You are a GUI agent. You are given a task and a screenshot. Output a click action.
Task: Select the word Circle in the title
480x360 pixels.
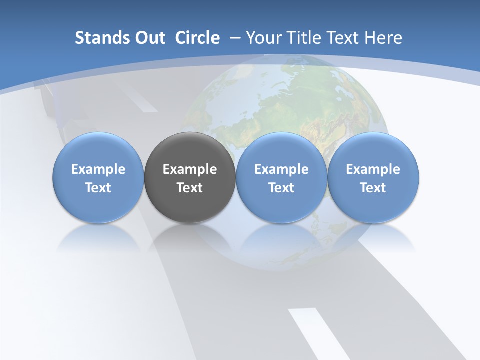tap(197, 38)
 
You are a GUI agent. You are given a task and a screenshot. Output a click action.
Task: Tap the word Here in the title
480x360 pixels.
tap(383, 38)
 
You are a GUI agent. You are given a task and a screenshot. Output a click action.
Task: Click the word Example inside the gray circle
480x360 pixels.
tap(190, 169)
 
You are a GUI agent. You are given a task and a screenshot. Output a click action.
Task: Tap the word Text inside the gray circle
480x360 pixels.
tap(190, 188)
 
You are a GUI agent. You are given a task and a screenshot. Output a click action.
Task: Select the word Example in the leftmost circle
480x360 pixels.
tap(98, 169)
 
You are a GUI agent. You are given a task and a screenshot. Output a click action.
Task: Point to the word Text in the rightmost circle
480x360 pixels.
tap(373, 188)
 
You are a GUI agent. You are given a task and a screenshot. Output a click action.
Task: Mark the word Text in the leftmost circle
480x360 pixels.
tap(98, 188)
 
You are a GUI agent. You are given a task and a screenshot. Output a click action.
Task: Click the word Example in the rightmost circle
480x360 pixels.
tap(373, 169)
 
